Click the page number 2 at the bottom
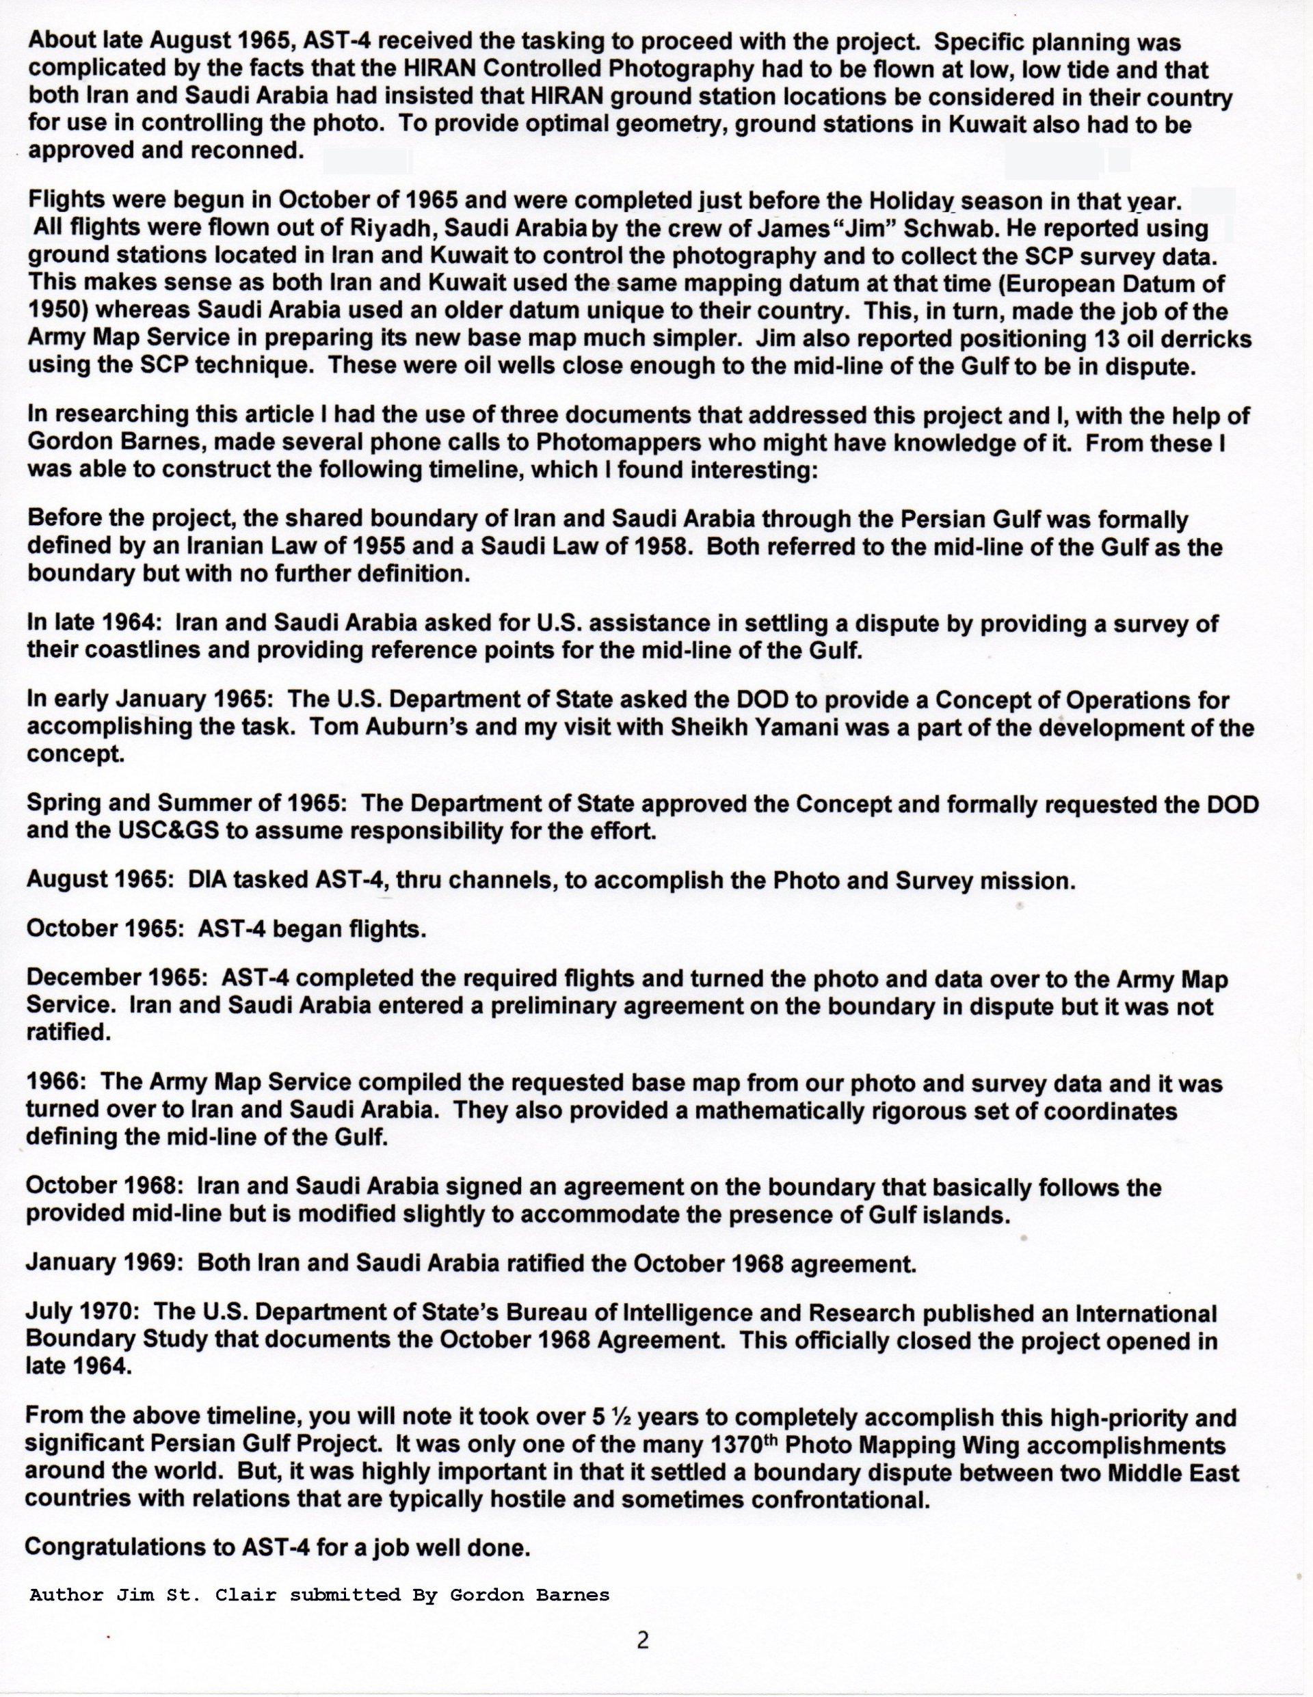(x=642, y=1640)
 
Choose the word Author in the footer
(x=67, y=1594)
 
